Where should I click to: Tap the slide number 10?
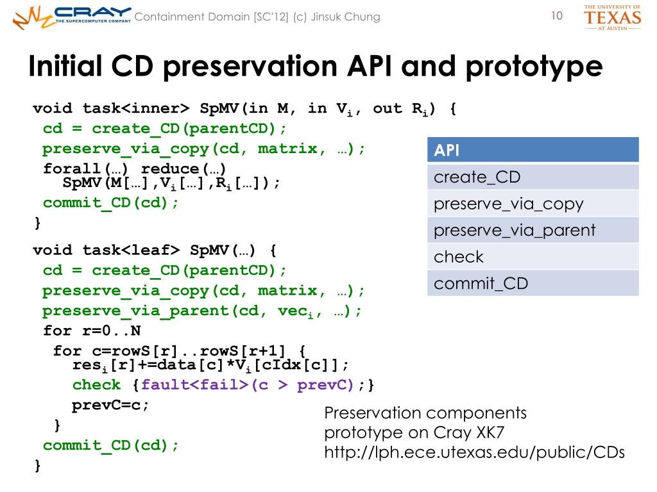click(556, 16)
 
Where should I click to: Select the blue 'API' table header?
click(533, 150)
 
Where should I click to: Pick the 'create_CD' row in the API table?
click(533, 177)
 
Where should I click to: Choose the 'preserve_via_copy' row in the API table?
click(533, 204)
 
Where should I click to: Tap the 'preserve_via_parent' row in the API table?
click(533, 230)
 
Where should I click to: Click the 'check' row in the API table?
click(533, 257)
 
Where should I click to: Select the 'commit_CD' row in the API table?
click(533, 283)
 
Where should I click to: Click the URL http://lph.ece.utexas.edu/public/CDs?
click(474, 452)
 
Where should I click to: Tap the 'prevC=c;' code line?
click(110, 405)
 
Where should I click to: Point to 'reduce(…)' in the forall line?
click(183, 168)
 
